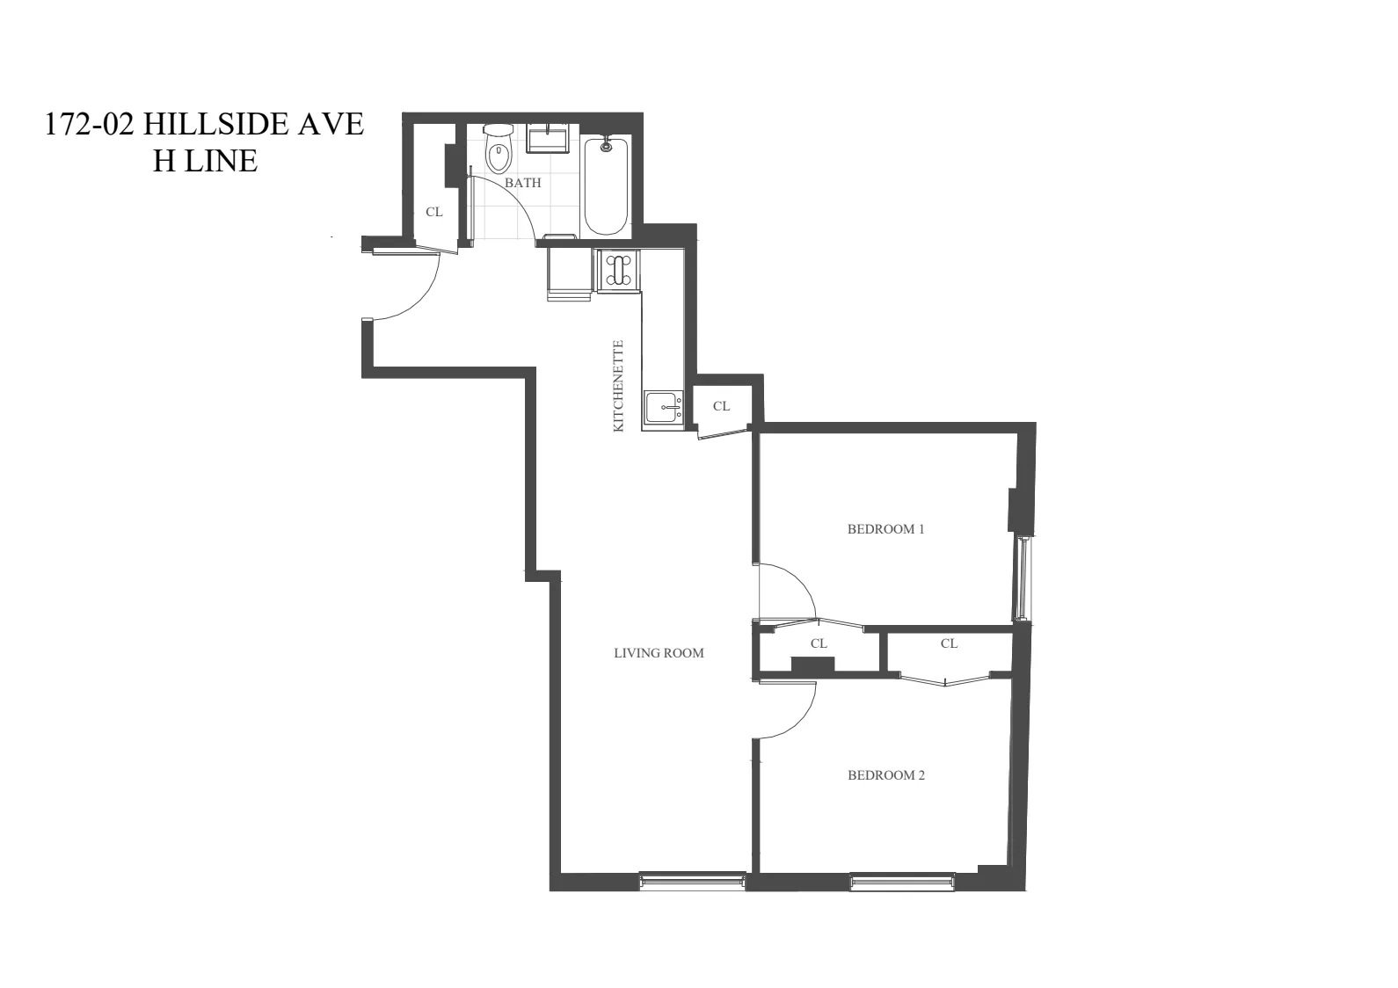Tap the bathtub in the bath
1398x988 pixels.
[606, 185]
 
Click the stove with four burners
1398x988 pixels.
[619, 270]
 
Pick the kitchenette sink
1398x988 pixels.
[662, 408]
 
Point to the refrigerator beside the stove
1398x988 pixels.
[569, 272]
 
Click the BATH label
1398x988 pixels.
[522, 183]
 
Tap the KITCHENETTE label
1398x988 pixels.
[618, 386]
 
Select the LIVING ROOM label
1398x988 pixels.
[659, 653]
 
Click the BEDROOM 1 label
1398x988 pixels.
[885, 529]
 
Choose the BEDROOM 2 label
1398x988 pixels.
[885, 775]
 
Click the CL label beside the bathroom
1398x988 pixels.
[433, 212]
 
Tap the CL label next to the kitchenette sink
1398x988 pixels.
[721, 406]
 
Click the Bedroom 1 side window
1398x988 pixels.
[1021, 578]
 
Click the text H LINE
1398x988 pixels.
[205, 161]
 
